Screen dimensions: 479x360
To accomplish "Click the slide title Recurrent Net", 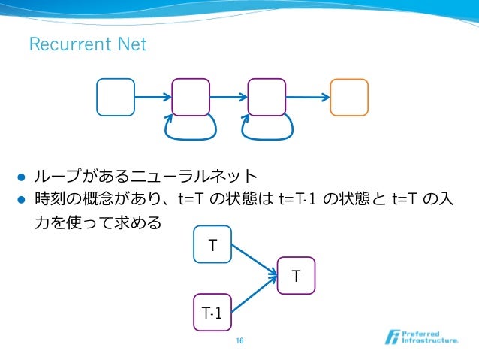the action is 87,45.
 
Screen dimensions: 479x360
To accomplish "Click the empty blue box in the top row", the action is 116,97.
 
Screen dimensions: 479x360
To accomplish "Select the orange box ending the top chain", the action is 349,97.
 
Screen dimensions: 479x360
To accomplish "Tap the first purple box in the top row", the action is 191,97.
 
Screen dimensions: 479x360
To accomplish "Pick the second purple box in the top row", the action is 267,97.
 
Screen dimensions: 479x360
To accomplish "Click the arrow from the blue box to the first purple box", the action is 153,97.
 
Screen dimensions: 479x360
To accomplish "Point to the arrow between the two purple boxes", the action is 229,97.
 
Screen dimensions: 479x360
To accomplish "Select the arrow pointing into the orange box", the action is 308,97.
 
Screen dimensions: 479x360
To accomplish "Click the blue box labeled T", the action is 212,244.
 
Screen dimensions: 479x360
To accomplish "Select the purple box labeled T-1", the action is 212,313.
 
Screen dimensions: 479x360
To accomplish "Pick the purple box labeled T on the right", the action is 297,276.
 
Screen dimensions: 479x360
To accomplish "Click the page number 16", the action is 239,342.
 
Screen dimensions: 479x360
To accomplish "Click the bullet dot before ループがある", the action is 22,178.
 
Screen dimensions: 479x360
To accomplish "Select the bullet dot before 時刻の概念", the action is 22,201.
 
